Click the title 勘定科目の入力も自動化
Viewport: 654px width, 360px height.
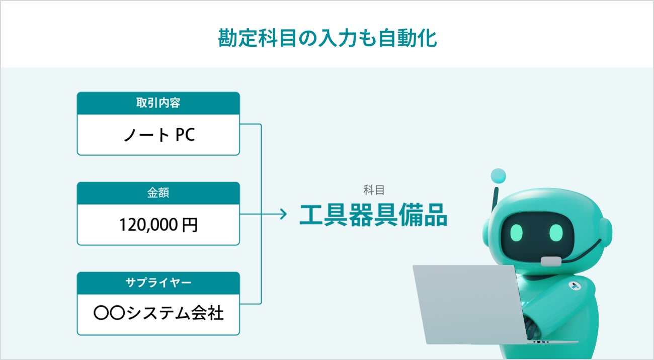pyautogui.click(x=328, y=38)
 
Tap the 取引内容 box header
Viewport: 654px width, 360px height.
pyautogui.click(x=158, y=103)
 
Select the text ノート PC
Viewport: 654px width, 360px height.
pyautogui.click(x=159, y=135)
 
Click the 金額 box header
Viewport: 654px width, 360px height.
pyautogui.click(x=158, y=193)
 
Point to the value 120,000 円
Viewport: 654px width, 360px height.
pyautogui.click(x=158, y=225)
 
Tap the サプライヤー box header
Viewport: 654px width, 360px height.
pyautogui.click(x=158, y=283)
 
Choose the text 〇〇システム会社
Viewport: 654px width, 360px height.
pyautogui.click(x=158, y=313)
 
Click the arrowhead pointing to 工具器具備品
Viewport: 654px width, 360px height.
pyautogui.click(x=284, y=214)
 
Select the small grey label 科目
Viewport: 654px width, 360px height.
pyautogui.click(x=374, y=190)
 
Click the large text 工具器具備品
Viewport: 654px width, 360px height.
pyautogui.click(x=373, y=215)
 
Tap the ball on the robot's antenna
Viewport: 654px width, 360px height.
pyautogui.click(x=498, y=176)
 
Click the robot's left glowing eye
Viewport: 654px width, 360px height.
pyautogui.click(x=517, y=232)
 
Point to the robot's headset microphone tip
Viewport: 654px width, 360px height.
pyautogui.click(x=551, y=261)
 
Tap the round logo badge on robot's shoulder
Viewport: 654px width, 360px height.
pyautogui.click(x=575, y=286)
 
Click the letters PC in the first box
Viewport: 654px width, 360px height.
pyautogui.click(x=185, y=135)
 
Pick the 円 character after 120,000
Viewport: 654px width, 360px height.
pyautogui.click(x=190, y=225)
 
